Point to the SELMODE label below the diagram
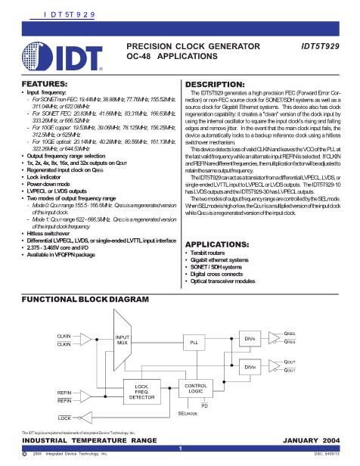[187, 414]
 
